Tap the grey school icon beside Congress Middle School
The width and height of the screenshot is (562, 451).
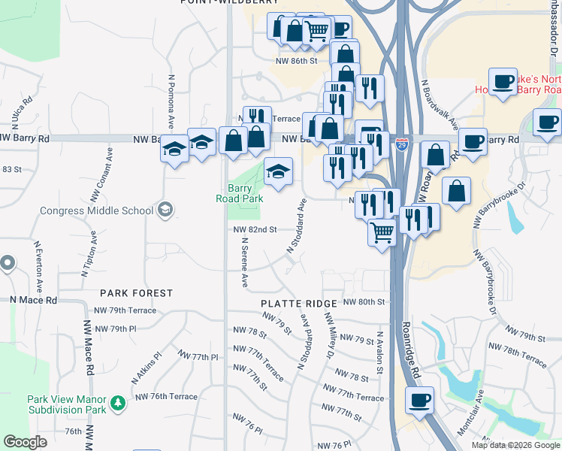pos(167,209)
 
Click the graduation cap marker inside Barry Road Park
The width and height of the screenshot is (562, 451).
pos(278,172)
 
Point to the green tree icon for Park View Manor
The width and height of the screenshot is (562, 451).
pos(117,404)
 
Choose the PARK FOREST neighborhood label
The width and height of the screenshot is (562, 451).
pos(137,293)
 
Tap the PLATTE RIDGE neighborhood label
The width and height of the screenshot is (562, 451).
pos(298,303)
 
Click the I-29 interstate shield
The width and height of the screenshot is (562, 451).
pos(402,144)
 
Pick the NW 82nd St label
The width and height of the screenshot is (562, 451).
pos(255,229)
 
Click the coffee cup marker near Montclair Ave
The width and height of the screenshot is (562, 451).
pos(420,400)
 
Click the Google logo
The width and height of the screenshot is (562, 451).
pos(25,442)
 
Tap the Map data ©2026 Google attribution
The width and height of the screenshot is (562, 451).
pos(515,445)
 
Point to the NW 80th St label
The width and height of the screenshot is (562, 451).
pos(364,301)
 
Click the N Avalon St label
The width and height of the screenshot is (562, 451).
pos(379,353)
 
